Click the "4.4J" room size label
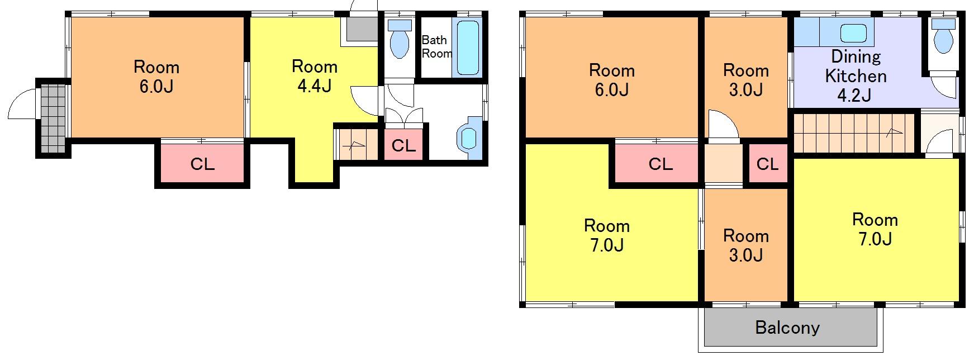(x=315, y=86)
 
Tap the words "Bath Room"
(x=436, y=47)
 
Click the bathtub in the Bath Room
(x=468, y=49)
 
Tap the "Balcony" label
(x=787, y=327)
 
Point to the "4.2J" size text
(x=854, y=95)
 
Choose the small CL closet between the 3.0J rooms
(x=767, y=164)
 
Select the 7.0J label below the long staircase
(x=875, y=239)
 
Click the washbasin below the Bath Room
(x=467, y=138)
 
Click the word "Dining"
(x=856, y=57)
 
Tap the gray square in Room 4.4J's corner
(x=362, y=29)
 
